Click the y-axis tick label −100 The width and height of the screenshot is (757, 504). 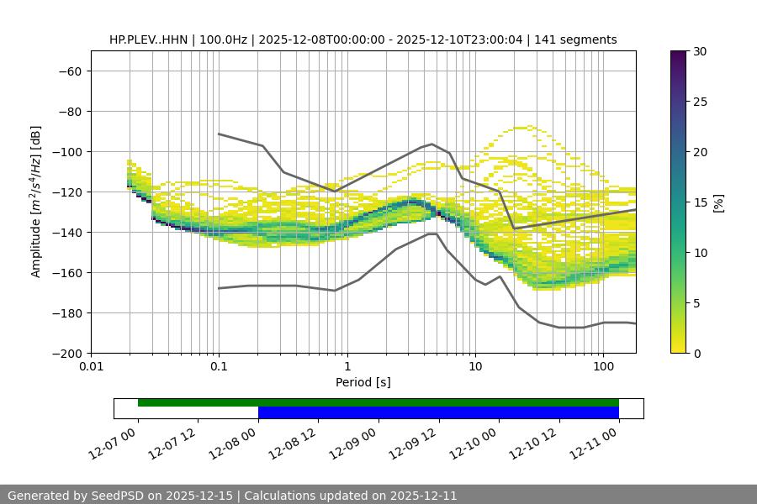coord(68,152)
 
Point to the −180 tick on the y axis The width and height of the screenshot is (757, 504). coord(68,313)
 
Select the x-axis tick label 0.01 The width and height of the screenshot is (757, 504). coord(91,367)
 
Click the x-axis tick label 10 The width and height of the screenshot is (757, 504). coord(475,367)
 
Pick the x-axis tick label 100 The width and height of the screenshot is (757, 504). coord(603,367)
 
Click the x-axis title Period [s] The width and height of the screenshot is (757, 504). coord(363,382)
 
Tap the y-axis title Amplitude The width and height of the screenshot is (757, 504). coord(36,202)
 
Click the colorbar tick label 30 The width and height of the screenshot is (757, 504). coord(699,52)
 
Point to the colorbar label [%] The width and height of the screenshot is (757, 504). coord(718,202)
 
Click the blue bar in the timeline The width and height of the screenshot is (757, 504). coord(438,412)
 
